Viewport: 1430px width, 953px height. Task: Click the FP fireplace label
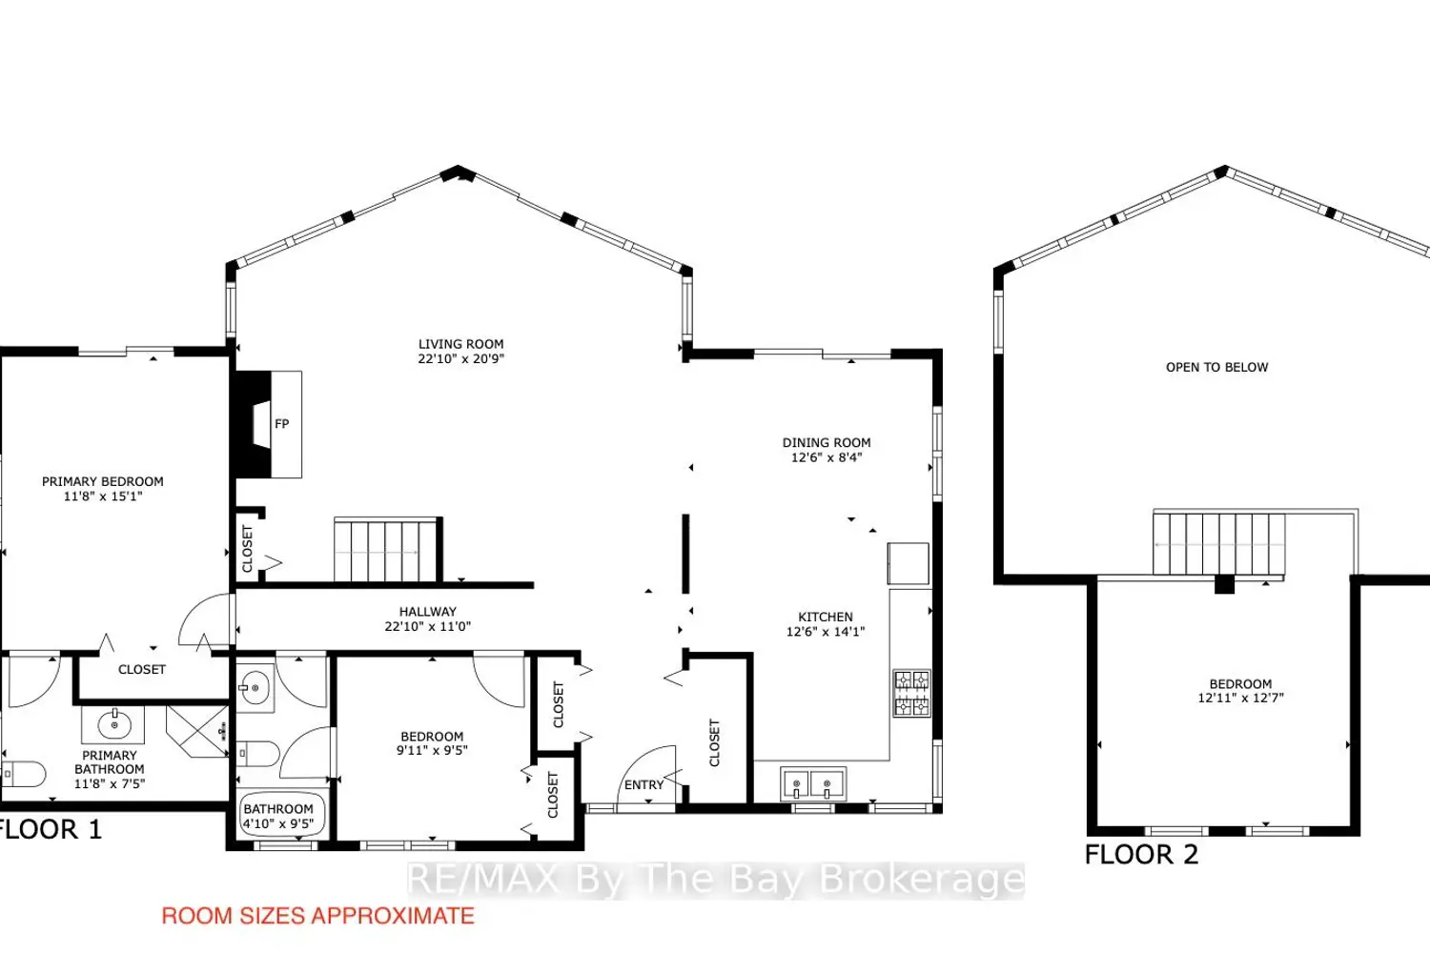(x=281, y=424)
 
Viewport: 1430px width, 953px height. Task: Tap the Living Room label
(x=460, y=344)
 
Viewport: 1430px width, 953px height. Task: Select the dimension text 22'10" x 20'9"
(x=460, y=358)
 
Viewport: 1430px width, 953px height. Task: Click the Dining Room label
(x=827, y=442)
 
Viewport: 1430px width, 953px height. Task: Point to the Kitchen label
(x=826, y=617)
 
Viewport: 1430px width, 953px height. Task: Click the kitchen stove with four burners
(x=911, y=693)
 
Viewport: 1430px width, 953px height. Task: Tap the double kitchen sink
(x=812, y=783)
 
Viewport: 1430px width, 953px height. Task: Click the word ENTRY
(x=643, y=784)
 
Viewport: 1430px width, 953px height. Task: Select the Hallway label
(x=428, y=612)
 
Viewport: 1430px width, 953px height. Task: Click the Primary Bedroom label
(x=103, y=481)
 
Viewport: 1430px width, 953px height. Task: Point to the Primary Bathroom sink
(x=113, y=724)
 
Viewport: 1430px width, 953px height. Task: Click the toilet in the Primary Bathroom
(x=24, y=774)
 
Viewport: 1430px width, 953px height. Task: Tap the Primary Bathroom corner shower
(x=197, y=732)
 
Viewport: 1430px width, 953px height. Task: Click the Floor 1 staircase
(x=387, y=550)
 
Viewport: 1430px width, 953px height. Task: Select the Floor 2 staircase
(x=1218, y=544)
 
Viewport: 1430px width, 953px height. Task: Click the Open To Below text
(x=1216, y=367)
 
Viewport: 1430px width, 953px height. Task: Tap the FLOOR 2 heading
(x=1141, y=854)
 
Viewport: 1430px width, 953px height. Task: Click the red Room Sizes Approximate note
(x=317, y=916)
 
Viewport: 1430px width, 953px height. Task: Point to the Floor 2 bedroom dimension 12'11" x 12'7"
(x=1240, y=699)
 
